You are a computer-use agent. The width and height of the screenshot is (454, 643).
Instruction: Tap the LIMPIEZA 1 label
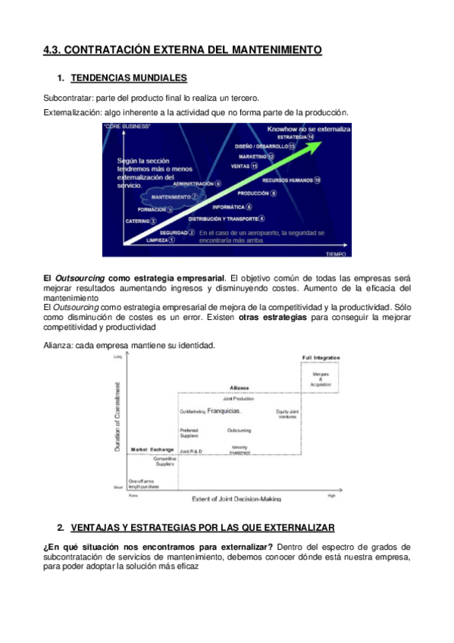pyautogui.click(x=160, y=240)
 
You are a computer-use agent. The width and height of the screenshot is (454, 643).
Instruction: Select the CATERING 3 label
pyautogui.click(x=141, y=221)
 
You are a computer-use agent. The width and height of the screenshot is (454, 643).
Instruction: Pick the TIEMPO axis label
pyautogui.click(x=336, y=253)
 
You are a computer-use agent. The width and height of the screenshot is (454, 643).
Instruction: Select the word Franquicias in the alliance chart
pyautogui.click(x=224, y=411)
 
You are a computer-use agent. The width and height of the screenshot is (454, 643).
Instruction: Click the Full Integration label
pyautogui.click(x=321, y=357)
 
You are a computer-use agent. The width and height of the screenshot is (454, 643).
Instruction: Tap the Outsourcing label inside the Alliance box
pyautogui.click(x=239, y=431)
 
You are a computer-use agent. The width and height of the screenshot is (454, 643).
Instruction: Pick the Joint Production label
pyautogui.click(x=239, y=398)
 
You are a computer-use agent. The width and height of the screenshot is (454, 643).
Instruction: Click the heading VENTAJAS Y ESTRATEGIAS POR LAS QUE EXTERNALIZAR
pyautogui.click(x=202, y=527)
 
